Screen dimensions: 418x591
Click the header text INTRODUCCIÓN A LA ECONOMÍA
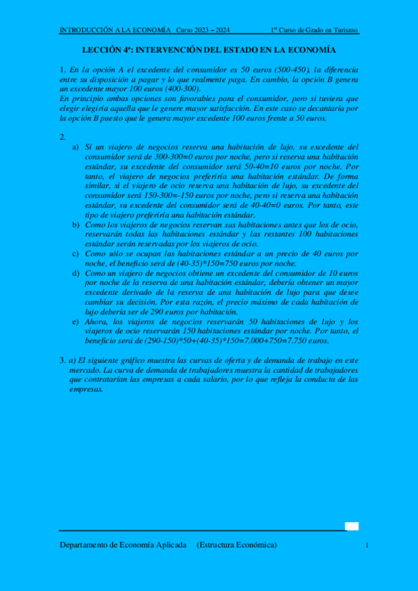pyautogui.click(x=114, y=31)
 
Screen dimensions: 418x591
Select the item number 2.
pyautogui.click(x=63, y=137)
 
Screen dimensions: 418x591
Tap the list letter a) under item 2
pyautogui.click(x=75, y=147)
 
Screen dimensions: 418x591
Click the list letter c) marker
pyautogui.click(x=75, y=254)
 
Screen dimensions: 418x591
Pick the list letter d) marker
pyautogui.click(x=75, y=274)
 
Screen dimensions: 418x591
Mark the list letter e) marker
pyautogui.click(x=75, y=322)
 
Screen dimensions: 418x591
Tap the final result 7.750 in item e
pyautogui.click(x=313, y=341)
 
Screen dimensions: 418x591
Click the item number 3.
pyautogui.click(x=63, y=360)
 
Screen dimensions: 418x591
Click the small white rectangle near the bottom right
pyautogui.click(x=352, y=527)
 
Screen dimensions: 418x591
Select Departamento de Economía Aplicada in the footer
pyautogui.click(x=123, y=545)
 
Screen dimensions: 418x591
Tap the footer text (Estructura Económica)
pyautogui.click(x=237, y=545)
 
